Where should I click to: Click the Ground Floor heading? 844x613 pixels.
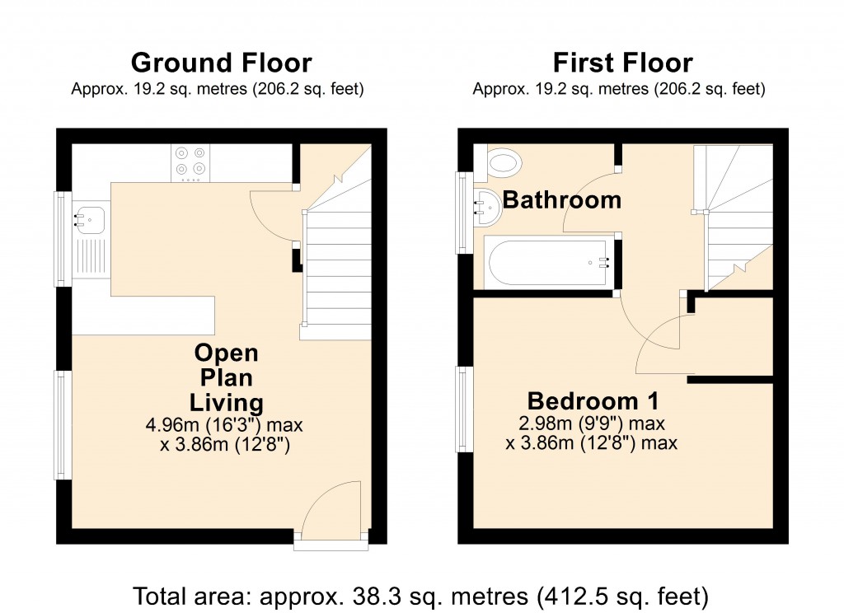(x=221, y=63)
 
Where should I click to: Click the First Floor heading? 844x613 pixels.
(x=622, y=63)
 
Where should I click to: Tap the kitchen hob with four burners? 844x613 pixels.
(x=190, y=162)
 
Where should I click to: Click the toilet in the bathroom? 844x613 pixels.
(x=503, y=162)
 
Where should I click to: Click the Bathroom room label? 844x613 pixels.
(x=562, y=199)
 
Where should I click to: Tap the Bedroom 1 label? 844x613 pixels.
(x=593, y=401)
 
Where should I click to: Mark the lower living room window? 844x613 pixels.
(x=63, y=424)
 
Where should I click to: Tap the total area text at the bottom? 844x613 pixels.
(x=421, y=594)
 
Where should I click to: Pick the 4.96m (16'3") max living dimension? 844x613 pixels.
(x=225, y=426)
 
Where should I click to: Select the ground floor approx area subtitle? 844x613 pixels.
(x=218, y=88)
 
